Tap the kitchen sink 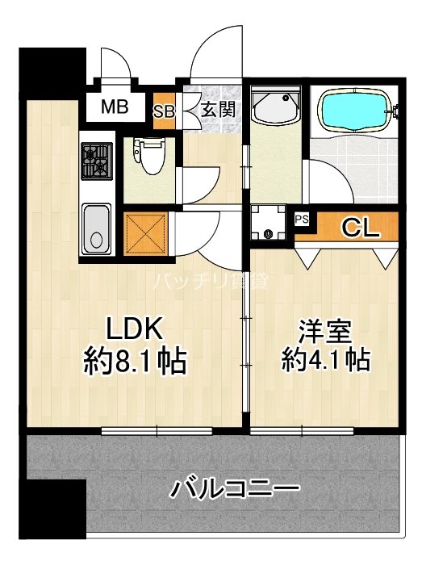pyautogui.click(x=98, y=228)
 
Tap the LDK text pyautogui.click(x=137, y=329)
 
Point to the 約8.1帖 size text pyautogui.click(x=136, y=360)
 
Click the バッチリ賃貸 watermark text pyautogui.click(x=211, y=282)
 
